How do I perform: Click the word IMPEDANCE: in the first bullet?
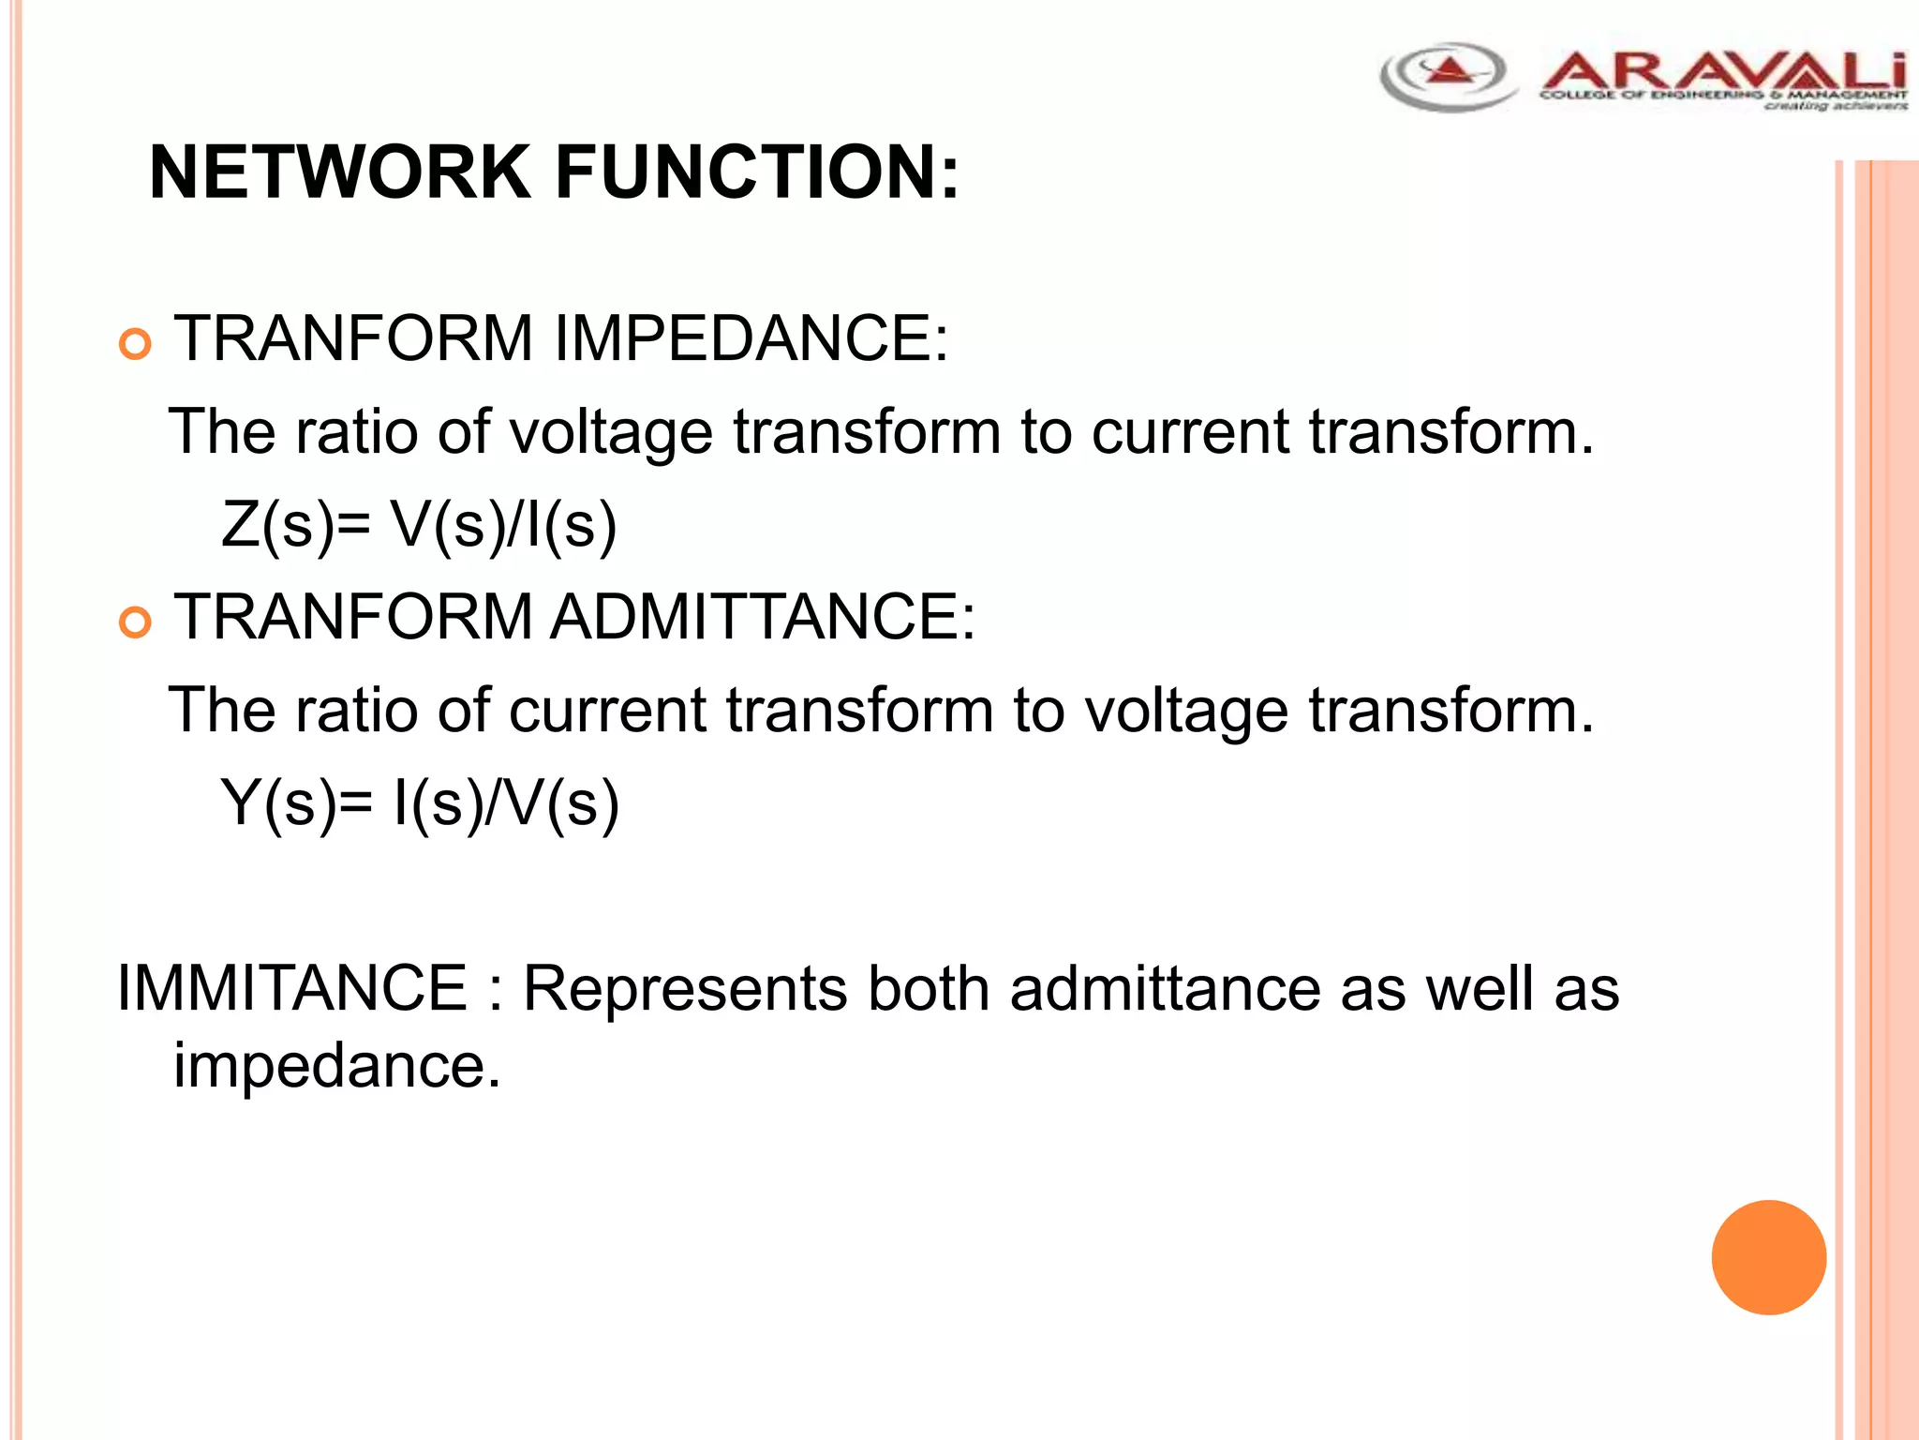click(751, 338)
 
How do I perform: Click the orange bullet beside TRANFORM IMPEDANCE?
click(136, 345)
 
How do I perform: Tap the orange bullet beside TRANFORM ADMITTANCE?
click(136, 623)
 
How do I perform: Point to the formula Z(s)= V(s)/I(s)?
click(419, 525)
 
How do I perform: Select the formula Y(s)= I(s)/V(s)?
click(419, 803)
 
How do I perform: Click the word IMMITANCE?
click(291, 988)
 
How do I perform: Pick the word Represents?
click(685, 988)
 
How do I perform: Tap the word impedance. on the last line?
click(337, 1066)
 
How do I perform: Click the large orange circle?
click(1768, 1257)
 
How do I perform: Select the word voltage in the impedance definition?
click(610, 433)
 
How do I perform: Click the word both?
click(928, 988)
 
